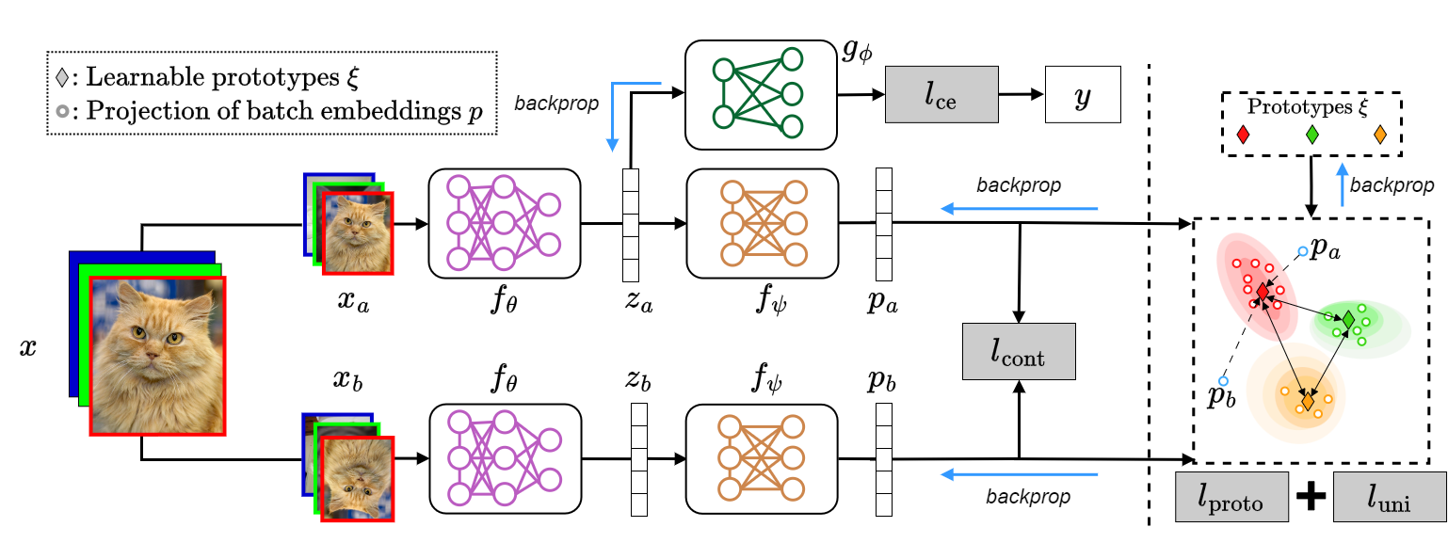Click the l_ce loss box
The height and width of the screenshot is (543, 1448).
click(x=941, y=95)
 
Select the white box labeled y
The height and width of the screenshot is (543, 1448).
click(x=1083, y=95)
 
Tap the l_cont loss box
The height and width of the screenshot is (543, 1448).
click(x=1018, y=352)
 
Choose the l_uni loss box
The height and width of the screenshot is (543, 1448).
click(x=1389, y=498)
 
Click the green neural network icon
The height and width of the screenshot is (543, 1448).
click(x=761, y=94)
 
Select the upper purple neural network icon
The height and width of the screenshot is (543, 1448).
click(x=504, y=223)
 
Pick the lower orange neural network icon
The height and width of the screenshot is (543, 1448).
click(x=762, y=458)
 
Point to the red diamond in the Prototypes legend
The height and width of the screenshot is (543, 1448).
click(x=1244, y=135)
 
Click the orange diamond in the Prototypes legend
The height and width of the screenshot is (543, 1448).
click(x=1380, y=135)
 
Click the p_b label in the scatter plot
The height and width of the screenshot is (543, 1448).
click(x=1221, y=396)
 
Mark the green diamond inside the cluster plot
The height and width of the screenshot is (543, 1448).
click(x=1348, y=320)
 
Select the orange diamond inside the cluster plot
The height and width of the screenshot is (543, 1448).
click(x=1307, y=402)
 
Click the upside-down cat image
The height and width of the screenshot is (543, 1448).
click(x=357, y=478)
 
